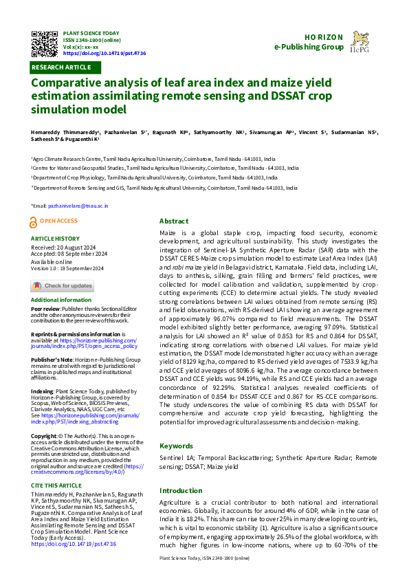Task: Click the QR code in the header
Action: (45, 44)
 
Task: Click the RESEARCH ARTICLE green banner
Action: (61, 67)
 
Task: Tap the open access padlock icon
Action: (34, 221)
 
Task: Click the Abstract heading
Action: (173, 221)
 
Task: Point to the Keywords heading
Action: (177, 446)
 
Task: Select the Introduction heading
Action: (182, 490)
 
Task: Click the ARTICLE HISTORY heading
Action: (55, 239)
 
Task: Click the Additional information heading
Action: (61, 301)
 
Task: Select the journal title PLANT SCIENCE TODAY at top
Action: (90, 33)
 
